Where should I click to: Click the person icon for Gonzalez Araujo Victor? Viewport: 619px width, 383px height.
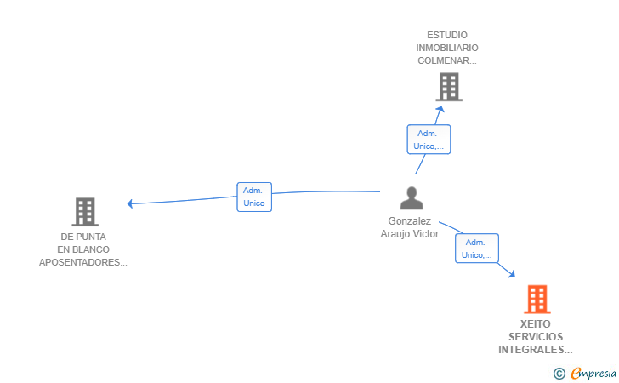coord(412,198)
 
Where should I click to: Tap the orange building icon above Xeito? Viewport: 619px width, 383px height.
coord(537,299)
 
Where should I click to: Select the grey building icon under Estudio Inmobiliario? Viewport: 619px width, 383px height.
coord(448,86)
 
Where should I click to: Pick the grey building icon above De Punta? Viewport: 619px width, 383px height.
coord(84,211)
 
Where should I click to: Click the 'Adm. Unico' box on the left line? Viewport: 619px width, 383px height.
coord(254,197)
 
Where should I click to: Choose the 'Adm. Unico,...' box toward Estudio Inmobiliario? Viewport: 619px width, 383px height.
coord(429,139)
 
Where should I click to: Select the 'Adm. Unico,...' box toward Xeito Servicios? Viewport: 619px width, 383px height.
coord(477,248)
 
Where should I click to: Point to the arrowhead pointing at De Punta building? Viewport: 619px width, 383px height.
coord(130,203)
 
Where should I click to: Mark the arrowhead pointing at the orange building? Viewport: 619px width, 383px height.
coord(512,273)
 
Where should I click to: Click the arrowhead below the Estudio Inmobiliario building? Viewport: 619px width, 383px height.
coord(440,109)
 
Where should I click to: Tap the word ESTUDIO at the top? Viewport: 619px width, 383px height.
coord(447,35)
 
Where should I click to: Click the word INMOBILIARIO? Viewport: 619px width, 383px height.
coord(447,48)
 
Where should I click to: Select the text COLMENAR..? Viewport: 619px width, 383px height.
coord(446,60)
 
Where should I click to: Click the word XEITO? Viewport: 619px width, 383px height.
coord(536,324)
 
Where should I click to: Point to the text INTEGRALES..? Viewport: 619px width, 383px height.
coord(535,350)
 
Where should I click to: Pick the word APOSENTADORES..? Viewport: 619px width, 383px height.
coord(82,262)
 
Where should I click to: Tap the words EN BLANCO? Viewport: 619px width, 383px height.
coord(83,249)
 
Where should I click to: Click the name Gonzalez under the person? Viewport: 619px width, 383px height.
coord(410,221)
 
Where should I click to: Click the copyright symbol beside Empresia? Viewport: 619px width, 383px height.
coord(559,373)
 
